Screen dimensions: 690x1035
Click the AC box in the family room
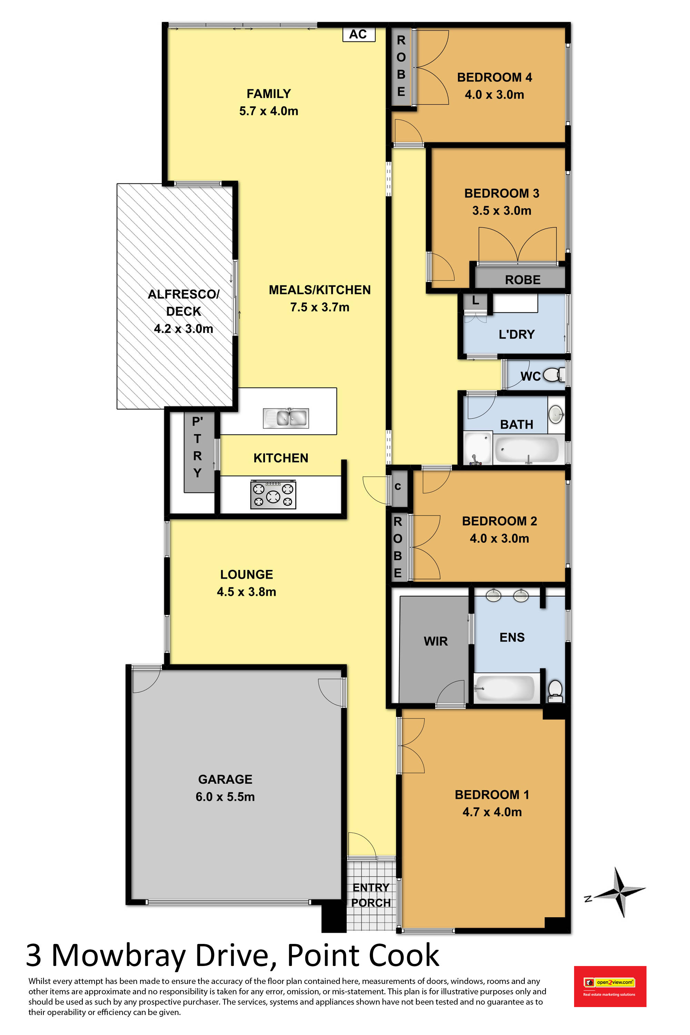tap(359, 34)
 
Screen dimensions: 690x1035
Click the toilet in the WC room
tap(554, 375)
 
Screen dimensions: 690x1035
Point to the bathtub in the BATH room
tap(527, 449)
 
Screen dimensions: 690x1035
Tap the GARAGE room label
tap(225, 779)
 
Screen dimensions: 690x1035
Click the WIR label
tap(436, 641)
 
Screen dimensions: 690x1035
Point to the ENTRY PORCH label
tap(371, 895)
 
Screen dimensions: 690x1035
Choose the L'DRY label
tap(516, 334)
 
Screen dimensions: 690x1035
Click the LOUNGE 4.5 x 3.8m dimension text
tap(246, 592)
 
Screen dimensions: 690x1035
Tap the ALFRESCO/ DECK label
tap(184, 303)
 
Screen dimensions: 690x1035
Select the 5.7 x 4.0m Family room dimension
tap(269, 111)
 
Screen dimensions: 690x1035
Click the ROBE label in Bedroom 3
tap(523, 280)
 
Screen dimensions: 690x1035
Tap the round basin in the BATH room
tap(556, 413)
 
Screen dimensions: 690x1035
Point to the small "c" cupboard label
tap(398, 486)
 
